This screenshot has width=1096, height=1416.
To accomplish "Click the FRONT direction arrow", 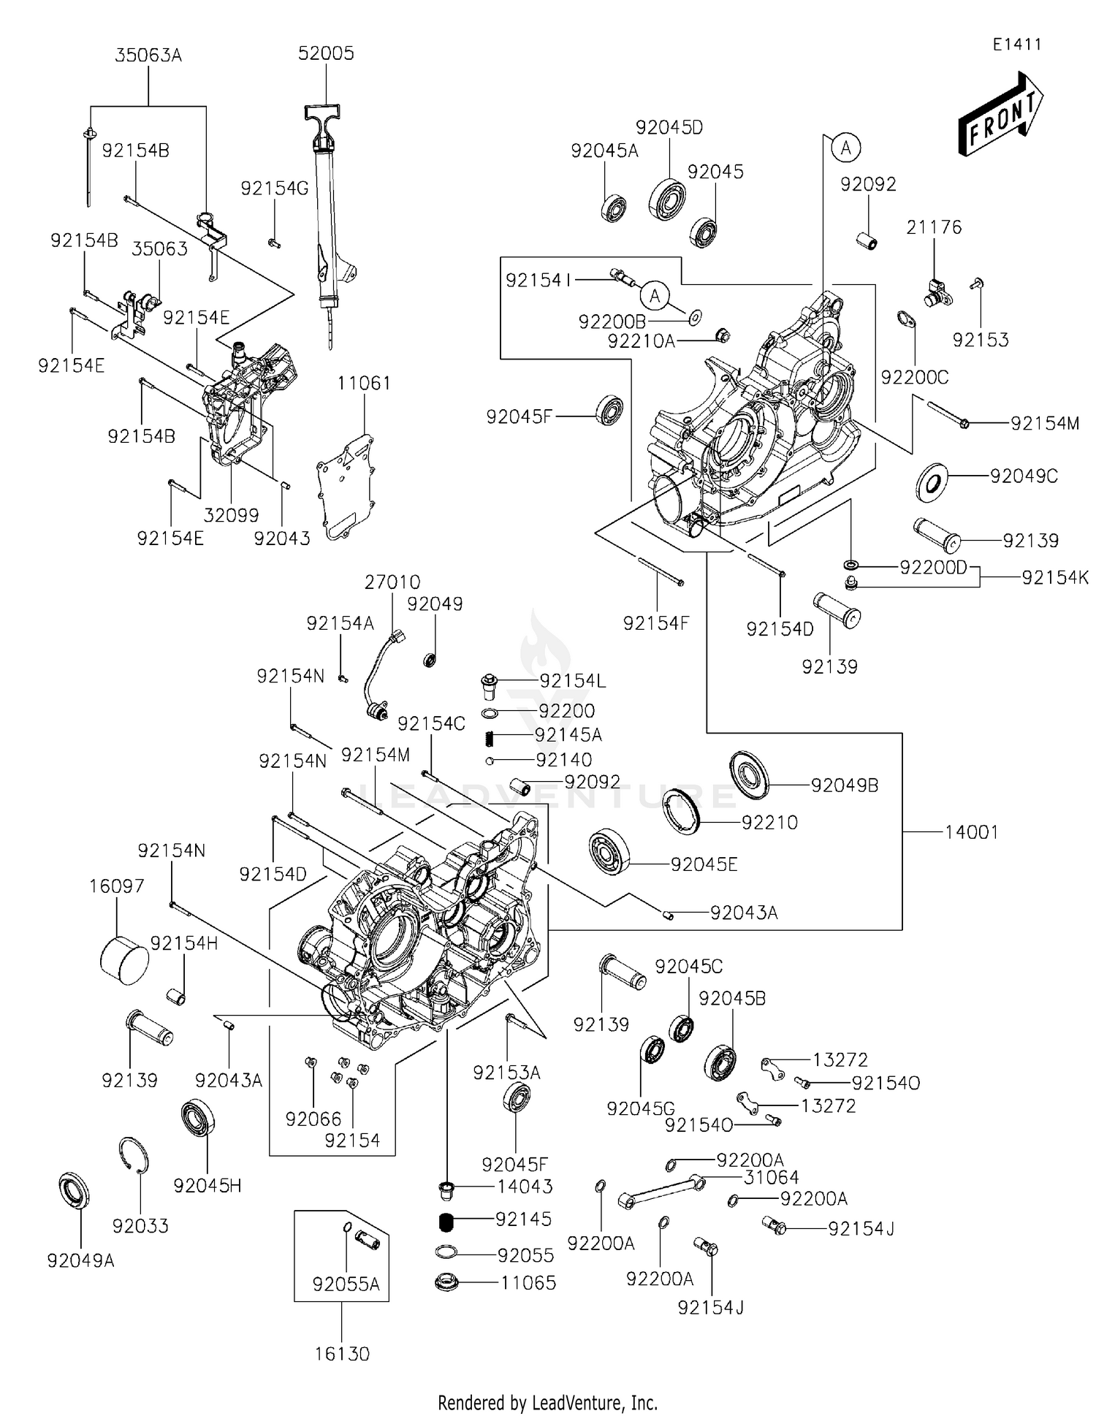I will click(x=1000, y=115).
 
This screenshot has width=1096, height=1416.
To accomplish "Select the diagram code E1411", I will click(x=1016, y=45).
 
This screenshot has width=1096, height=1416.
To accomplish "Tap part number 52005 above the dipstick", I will click(x=326, y=53).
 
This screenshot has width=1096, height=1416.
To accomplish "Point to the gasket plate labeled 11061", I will click(x=345, y=487).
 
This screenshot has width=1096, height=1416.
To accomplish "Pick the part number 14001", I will click(x=971, y=832).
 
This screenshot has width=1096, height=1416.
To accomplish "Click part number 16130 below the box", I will click(x=342, y=1354).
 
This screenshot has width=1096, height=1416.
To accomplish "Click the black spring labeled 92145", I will click(x=446, y=1220).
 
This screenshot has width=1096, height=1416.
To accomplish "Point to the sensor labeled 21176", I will click(x=936, y=292).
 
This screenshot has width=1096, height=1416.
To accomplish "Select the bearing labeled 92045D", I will click(x=668, y=197).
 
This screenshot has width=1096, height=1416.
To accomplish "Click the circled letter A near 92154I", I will click(x=655, y=296).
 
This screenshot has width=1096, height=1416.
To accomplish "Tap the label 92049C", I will click(x=1024, y=476).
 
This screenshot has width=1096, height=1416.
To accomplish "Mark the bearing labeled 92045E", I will click(x=609, y=851).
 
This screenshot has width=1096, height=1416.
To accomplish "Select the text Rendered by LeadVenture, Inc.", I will click(x=547, y=1402).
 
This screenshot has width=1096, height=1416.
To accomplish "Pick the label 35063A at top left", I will click(x=148, y=56).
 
